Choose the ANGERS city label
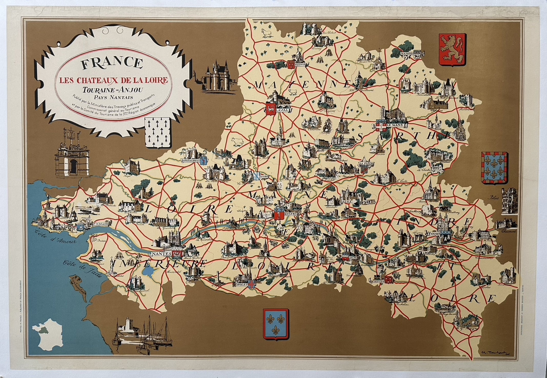coord(290,214)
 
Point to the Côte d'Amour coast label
coord(55,238)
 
